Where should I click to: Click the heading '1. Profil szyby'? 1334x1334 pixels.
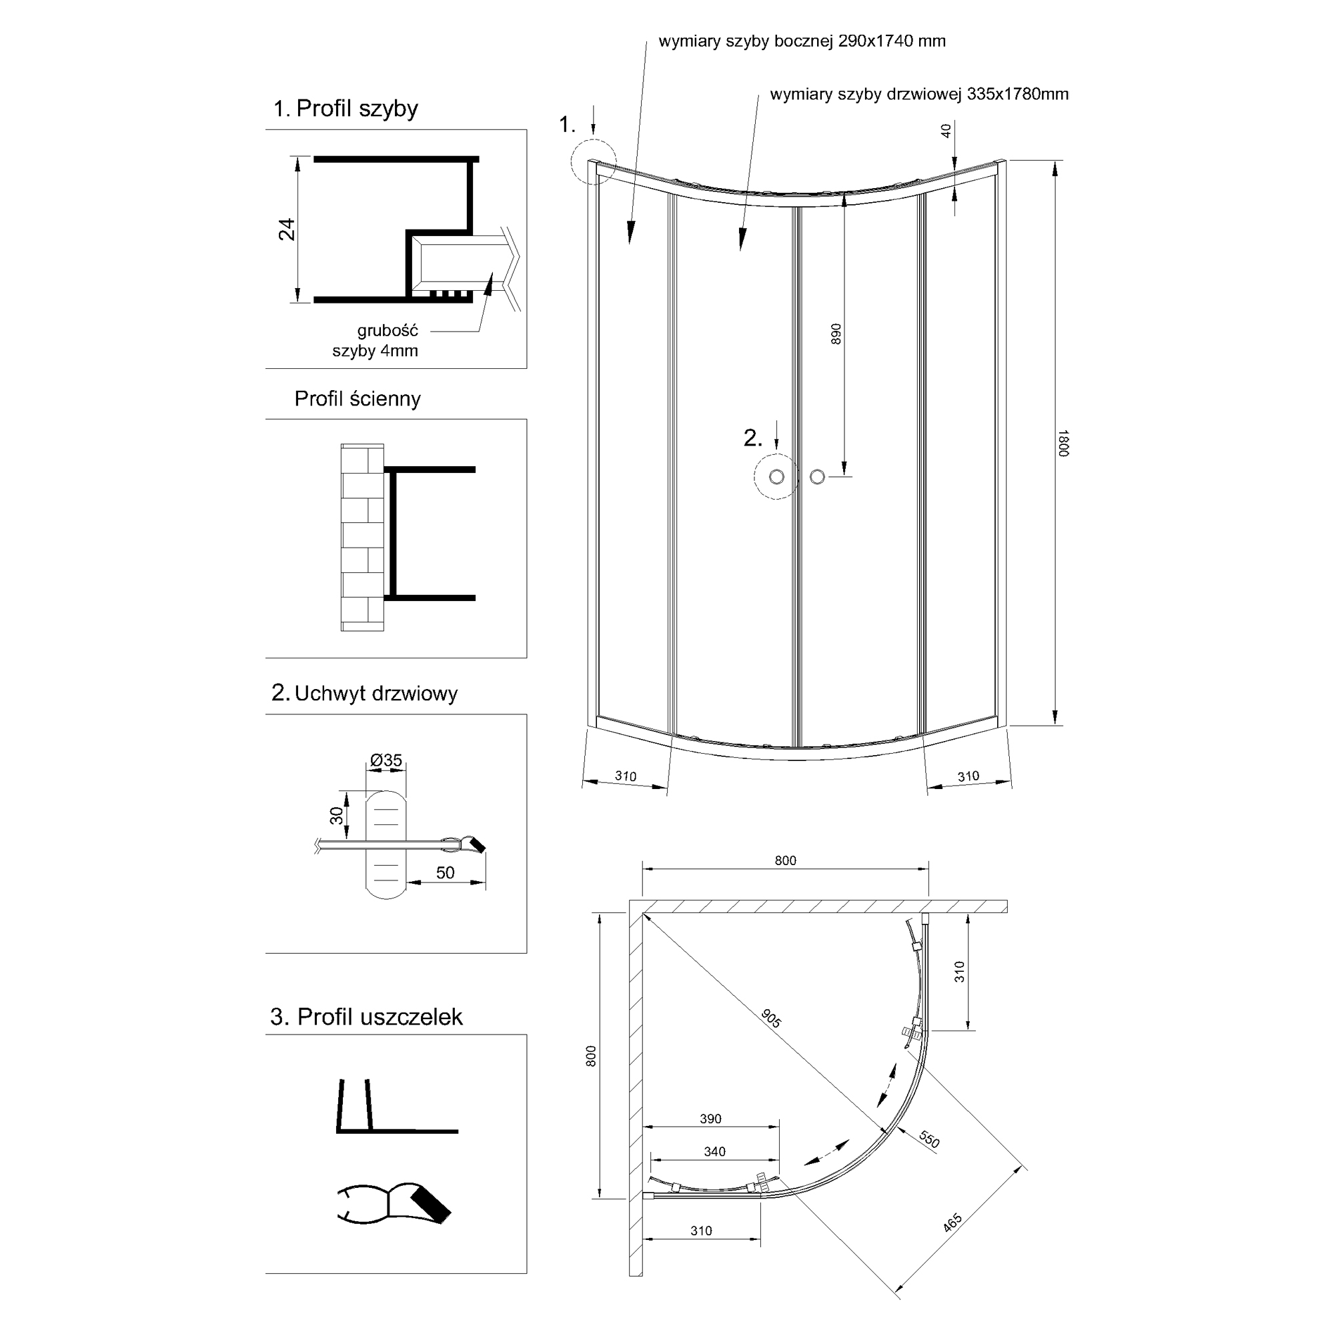coord(346,109)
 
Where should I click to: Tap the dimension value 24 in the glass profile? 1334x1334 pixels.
coord(287,229)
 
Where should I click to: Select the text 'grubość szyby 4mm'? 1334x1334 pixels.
coord(376,340)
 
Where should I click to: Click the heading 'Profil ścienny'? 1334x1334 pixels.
coord(357,398)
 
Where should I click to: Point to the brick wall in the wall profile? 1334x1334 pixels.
coord(362,537)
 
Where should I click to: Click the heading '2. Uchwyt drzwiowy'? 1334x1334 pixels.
coord(365,693)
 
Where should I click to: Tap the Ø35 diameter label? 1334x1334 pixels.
coord(386,760)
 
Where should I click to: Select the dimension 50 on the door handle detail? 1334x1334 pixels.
coord(446,872)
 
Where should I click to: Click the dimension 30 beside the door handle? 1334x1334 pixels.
coord(336,816)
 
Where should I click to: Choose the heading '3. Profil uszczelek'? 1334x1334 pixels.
coord(366,1017)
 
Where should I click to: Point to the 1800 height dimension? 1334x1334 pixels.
coord(1063,443)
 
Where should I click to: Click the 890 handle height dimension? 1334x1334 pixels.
coord(836,334)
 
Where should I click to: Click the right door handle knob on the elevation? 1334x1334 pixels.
coord(818,476)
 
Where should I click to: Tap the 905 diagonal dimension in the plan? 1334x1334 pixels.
coord(771,1018)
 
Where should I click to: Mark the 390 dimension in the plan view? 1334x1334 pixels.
coord(710,1119)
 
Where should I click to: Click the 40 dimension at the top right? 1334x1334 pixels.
coord(946,130)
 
